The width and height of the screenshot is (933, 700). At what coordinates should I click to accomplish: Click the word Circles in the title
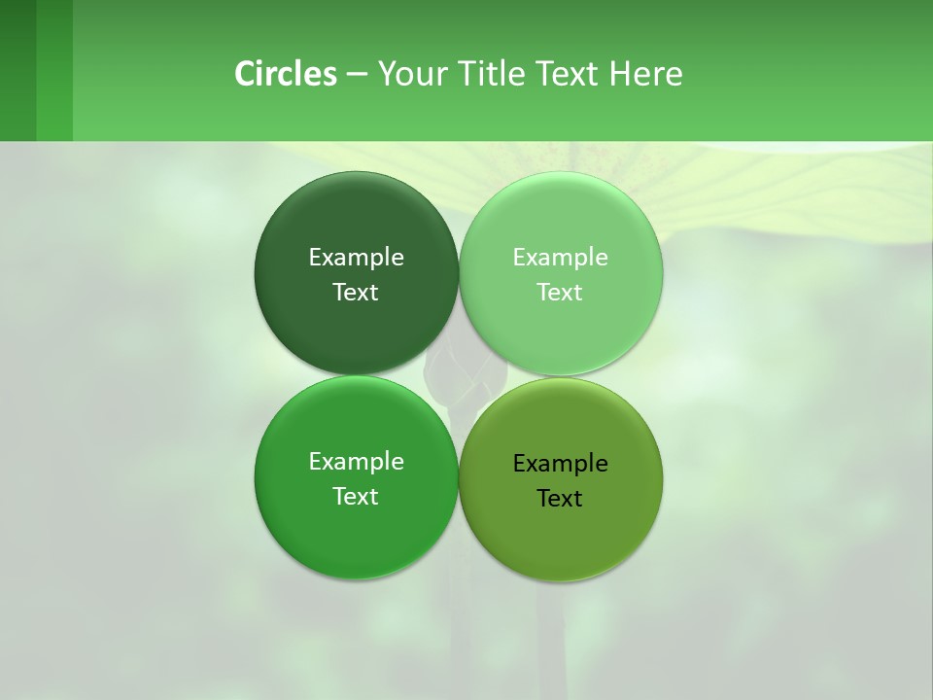pos(285,74)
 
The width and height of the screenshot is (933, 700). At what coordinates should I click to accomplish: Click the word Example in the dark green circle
pos(356,258)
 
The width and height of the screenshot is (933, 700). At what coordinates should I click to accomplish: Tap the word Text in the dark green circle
pos(356,293)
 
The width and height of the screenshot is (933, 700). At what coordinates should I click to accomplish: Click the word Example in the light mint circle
pos(560,258)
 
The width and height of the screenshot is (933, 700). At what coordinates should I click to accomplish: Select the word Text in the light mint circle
pos(560,293)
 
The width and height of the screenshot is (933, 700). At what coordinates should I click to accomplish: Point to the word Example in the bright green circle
pos(356,462)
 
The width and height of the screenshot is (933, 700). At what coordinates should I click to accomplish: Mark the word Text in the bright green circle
pos(356,497)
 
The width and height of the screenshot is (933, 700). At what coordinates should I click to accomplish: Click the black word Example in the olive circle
pos(560,464)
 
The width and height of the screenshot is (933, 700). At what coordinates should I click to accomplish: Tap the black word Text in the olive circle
pos(560,499)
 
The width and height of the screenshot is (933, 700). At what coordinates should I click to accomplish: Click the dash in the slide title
pos(357,75)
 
